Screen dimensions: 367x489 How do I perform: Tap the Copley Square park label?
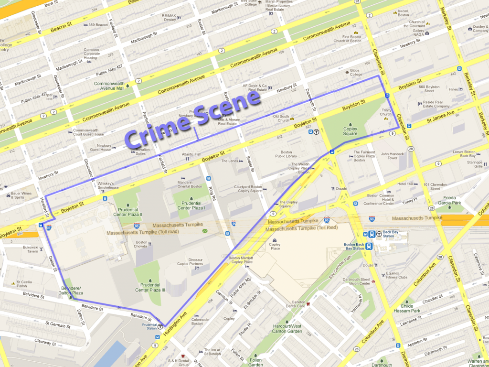point(350,131)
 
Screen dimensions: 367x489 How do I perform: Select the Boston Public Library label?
point(286,153)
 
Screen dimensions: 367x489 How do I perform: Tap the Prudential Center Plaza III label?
point(150,287)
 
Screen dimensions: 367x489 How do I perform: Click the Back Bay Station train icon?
point(371,234)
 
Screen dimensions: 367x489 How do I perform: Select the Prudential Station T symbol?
point(160,327)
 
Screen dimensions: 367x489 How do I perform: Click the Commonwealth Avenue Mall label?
point(109,86)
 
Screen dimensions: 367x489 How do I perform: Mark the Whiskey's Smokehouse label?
point(108,185)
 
